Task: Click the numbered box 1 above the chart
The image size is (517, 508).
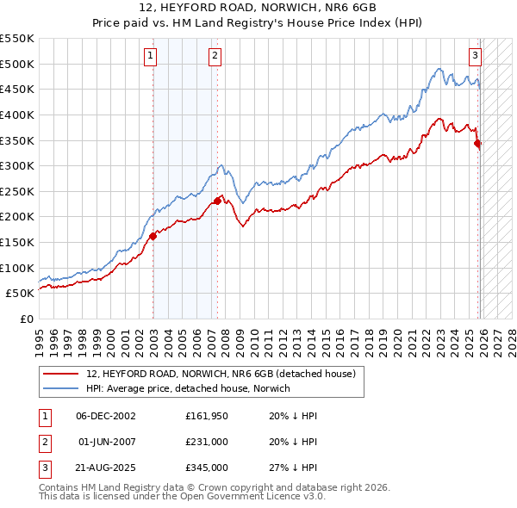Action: coord(150,56)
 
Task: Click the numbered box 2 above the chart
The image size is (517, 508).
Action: coord(214,56)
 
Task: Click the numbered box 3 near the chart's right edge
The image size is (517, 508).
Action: coord(475,56)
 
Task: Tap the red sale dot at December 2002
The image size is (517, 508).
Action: coord(153,235)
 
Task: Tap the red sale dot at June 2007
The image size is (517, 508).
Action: coord(217,200)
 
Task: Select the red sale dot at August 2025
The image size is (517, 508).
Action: coord(478,144)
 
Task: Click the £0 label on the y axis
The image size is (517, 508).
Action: coord(26,319)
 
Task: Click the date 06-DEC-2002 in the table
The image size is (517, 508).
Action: coord(106,416)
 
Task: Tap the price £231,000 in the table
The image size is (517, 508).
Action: coord(207,442)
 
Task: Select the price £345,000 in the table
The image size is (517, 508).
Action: coord(207,468)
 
